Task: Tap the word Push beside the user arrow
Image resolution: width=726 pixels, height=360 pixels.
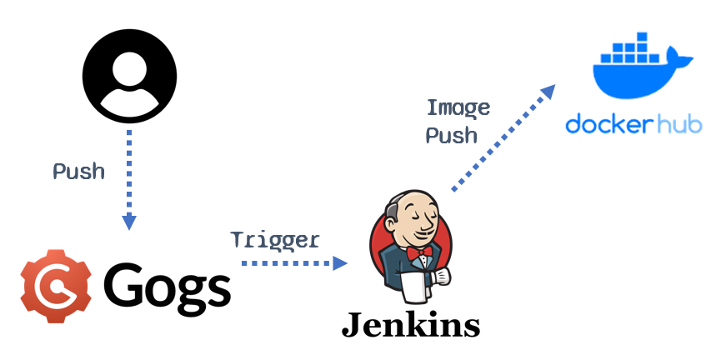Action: pyautogui.click(x=79, y=172)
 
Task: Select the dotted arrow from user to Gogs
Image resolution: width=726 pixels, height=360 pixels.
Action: pyautogui.click(x=128, y=175)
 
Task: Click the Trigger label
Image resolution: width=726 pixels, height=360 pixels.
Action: pyautogui.click(x=275, y=241)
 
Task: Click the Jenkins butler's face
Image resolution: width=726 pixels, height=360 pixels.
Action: pyautogui.click(x=417, y=221)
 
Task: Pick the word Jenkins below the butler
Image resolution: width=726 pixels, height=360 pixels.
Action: pyautogui.click(x=411, y=324)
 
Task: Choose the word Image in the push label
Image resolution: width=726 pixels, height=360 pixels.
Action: pyautogui.click(x=458, y=107)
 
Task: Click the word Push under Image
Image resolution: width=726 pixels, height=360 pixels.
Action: pyautogui.click(x=452, y=135)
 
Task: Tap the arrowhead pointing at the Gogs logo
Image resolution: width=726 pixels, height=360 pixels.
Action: pyautogui.click(x=128, y=222)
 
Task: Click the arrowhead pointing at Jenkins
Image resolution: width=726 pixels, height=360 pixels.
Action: pyautogui.click(x=340, y=262)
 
